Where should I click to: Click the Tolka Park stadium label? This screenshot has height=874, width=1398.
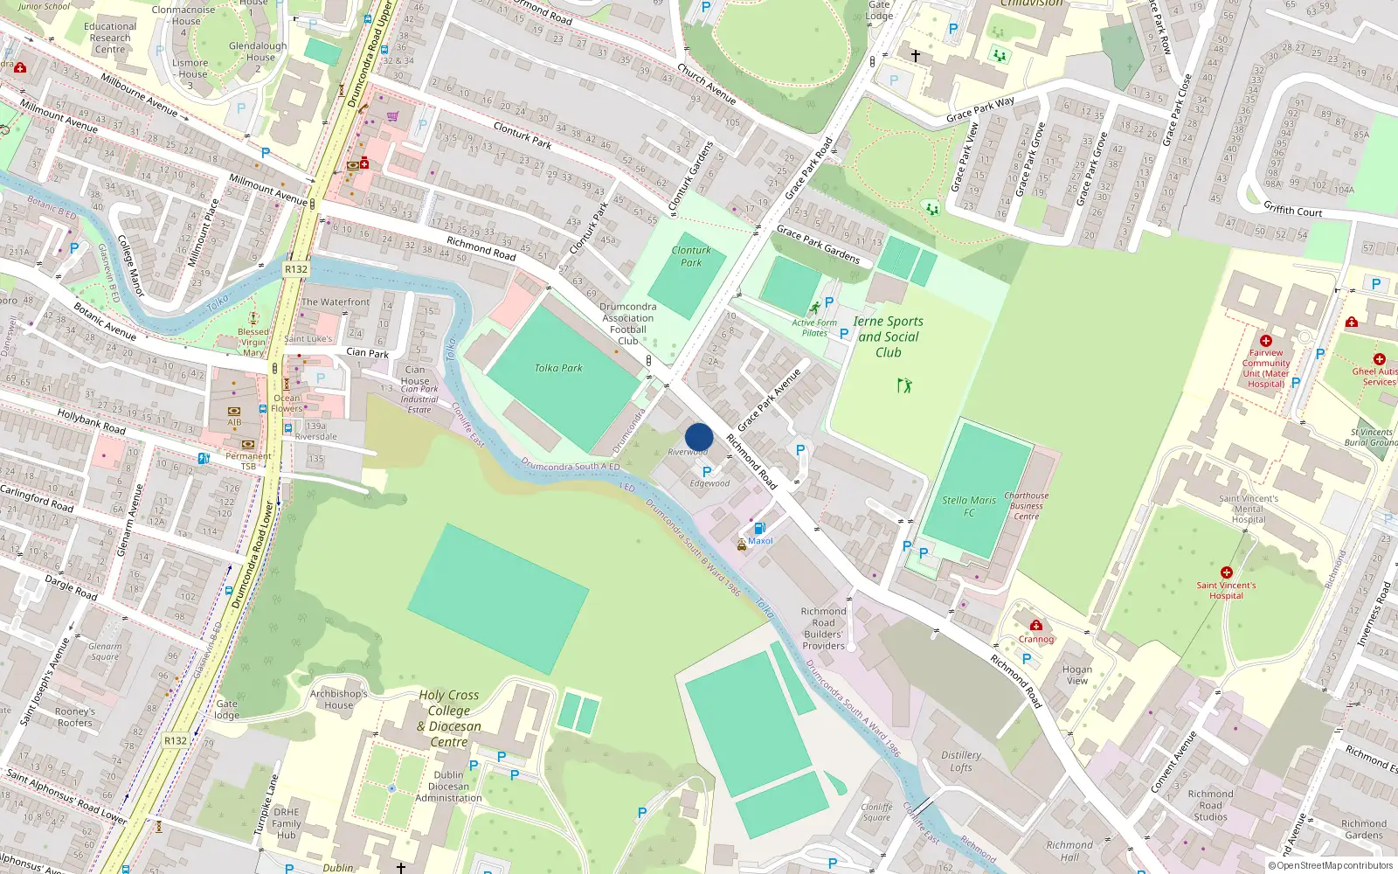point(558,368)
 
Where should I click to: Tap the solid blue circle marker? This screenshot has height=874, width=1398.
point(699,437)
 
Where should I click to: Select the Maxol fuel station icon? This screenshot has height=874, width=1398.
point(759,528)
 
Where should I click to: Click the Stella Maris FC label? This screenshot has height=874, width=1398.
point(969,506)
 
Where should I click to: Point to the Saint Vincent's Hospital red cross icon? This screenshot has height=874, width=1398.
point(1227,572)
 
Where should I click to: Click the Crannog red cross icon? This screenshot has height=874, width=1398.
point(1036,625)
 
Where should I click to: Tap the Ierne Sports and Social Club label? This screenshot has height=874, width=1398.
point(889,336)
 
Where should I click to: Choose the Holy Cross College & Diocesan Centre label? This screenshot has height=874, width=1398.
point(449,718)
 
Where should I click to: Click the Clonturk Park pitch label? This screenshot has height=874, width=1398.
point(691,256)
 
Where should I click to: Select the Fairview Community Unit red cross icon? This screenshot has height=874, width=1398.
point(1266,341)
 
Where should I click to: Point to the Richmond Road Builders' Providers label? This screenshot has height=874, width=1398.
point(824,628)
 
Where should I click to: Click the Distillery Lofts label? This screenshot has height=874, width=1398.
point(961,761)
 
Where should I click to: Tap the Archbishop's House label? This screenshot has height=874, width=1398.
point(339,699)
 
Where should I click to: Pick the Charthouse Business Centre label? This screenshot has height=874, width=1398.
point(1027,506)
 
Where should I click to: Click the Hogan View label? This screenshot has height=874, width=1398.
point(1077,675)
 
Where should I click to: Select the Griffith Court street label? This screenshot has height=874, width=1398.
point(1293,210)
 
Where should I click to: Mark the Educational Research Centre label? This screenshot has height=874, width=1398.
point(110,38)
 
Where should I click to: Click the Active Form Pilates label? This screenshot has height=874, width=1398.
point(814,328)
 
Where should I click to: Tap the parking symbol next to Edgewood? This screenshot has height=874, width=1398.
point(707,471)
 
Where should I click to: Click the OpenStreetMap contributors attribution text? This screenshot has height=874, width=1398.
point(1331,865)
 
